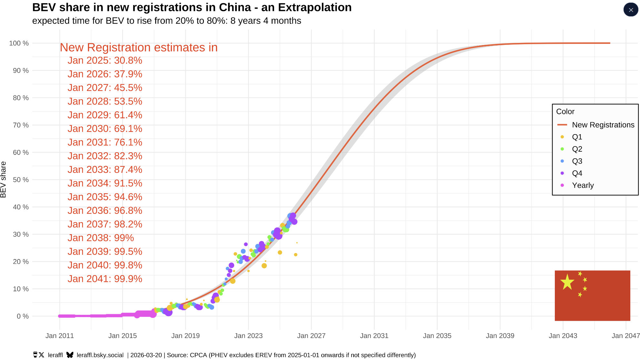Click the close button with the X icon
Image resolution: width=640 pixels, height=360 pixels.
point(631,10)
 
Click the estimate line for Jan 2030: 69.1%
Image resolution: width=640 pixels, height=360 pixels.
point(105,129)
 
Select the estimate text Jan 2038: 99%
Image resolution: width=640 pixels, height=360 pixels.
point(101,238)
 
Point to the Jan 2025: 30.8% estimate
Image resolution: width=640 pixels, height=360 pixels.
point(105,61)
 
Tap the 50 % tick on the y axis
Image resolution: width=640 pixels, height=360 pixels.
point(21,180)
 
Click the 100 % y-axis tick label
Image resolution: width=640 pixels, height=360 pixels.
point(19,43)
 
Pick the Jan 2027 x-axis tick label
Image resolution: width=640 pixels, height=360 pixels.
point(311,336)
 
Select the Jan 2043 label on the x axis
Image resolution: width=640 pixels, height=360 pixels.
point(563,336)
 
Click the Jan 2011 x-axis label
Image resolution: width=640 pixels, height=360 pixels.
point(60,336)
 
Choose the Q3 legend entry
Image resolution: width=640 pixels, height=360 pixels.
point(577,161)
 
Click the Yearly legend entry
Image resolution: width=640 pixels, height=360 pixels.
point(583,185)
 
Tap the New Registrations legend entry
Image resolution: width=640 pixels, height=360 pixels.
point(603,125)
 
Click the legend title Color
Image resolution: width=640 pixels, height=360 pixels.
point(565,112)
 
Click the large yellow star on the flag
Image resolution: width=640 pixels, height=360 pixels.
point(567,282)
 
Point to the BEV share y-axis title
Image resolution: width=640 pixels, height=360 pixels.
point(4,180)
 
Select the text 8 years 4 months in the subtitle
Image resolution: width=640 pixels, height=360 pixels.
point(265,21)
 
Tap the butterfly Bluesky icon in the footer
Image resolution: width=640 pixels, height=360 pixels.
point(70,355)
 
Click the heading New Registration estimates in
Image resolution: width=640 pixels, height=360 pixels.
point(139,47)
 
